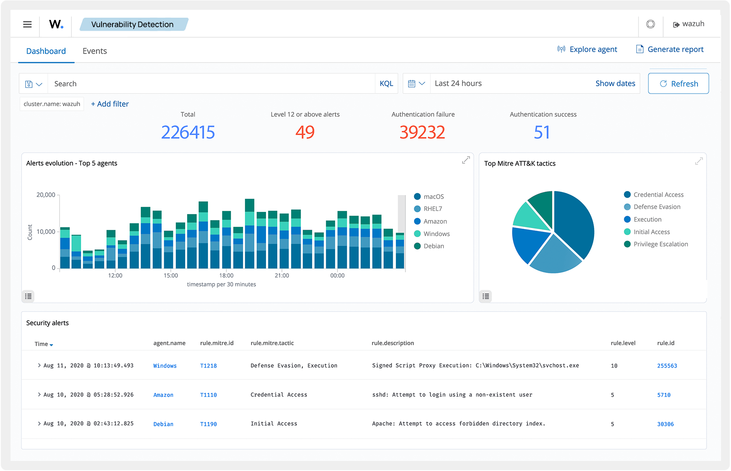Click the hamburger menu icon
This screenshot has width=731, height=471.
point(27,24)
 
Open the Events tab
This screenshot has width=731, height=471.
point(95,51)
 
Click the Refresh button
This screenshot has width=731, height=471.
point(678,84)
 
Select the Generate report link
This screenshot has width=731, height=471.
point(670,50)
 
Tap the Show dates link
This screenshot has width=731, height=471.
point(615,84)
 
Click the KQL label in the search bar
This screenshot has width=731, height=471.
point(386,84)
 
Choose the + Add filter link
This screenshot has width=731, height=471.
point(110,104)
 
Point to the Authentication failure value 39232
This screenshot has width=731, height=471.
point(422,133)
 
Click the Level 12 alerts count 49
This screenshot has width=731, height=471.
point(305,133)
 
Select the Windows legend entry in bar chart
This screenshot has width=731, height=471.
point(436,234)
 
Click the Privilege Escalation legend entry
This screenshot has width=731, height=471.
point(660,244)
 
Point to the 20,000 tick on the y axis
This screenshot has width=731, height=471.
point(46,195)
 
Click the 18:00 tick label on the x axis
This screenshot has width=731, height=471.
point(226,276)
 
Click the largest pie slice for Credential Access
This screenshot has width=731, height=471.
point(575,224)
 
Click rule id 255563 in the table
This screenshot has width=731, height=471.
point(667,366)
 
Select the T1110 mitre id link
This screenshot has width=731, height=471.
point(208,395)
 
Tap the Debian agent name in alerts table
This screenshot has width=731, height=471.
point(163,424)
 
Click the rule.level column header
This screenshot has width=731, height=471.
point(623,343)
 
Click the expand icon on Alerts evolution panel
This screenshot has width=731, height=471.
point(466,160)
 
